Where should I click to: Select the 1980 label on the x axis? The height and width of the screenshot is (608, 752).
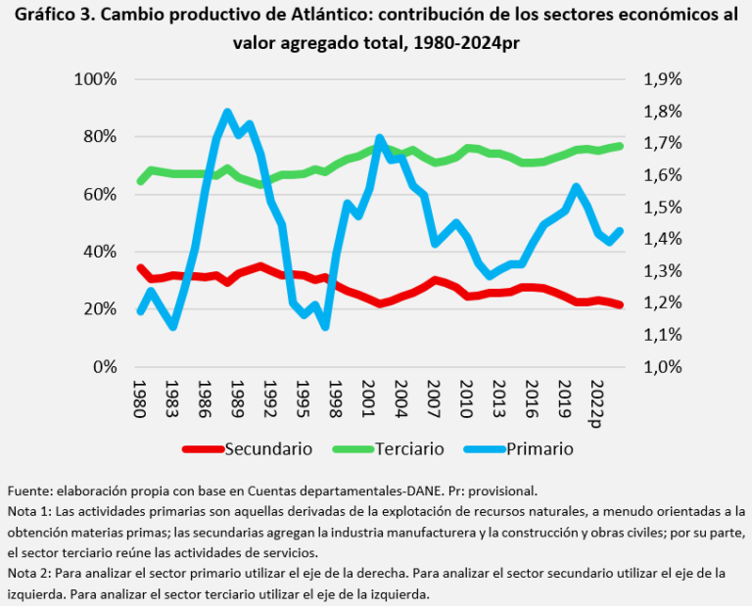[x=140, y=399]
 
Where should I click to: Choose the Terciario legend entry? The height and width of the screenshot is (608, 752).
[x=401, y=449]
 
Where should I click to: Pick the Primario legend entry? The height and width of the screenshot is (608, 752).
[x=540, y=449]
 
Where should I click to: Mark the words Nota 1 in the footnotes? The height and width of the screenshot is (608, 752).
[x=28, y=511]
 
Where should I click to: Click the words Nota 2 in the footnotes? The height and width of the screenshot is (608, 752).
[x=28, y=573]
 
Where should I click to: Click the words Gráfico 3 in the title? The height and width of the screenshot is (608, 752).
[x=50, y=17]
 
